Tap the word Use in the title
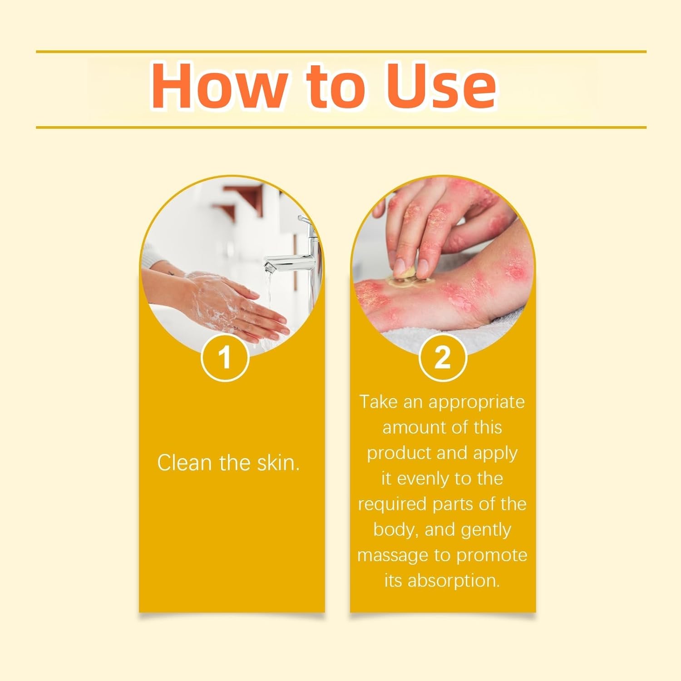440,86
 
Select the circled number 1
225,357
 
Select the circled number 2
442,357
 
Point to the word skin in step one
278,463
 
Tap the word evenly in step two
425,479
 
